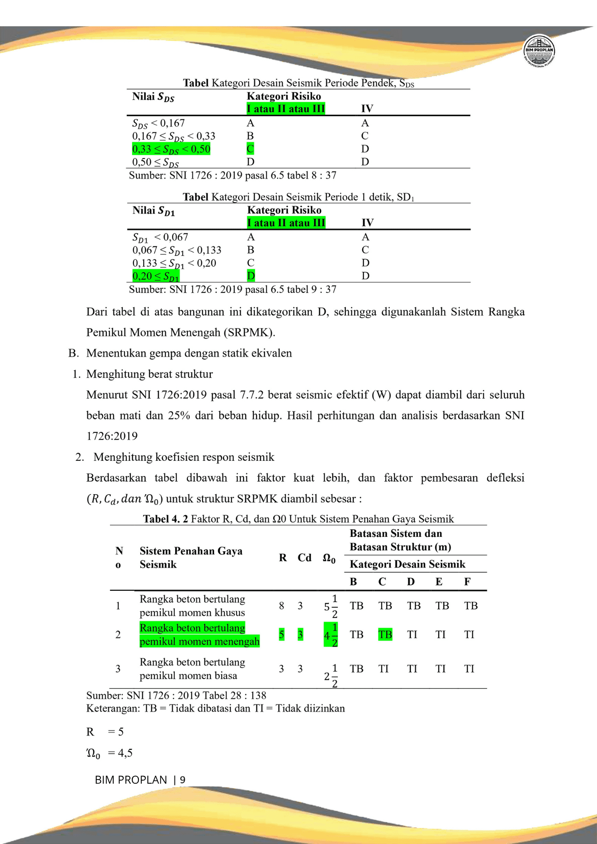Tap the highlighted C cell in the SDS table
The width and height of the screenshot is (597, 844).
click(250, 149)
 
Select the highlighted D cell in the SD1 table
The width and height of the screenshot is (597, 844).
click(251, 276)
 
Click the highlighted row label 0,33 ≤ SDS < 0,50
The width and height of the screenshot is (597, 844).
click(171, 149)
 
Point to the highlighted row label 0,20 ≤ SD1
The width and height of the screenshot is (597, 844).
click(156, 276)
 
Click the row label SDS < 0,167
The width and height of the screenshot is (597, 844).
click(158, 123)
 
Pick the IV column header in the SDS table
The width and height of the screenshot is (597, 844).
click(367, 109)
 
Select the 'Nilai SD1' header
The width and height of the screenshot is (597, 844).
click(153, 211)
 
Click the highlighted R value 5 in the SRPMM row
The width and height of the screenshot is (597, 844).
click(282, 634)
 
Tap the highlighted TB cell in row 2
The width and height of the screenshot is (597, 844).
click(385, 634)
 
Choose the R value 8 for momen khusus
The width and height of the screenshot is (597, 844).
click(282, 606)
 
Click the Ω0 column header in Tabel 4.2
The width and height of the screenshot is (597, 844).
click(329, 558)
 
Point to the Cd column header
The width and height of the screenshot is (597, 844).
click(304, 558)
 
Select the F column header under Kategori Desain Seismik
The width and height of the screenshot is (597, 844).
click(467, 582)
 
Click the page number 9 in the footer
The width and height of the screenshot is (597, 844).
click(182, 780)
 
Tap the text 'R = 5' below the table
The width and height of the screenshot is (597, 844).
click(105, 732)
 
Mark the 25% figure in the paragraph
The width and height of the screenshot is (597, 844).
click(179, 416)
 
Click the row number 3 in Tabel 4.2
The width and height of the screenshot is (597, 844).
click(118, 669)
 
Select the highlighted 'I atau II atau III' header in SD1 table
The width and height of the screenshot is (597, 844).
click(286, 223)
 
